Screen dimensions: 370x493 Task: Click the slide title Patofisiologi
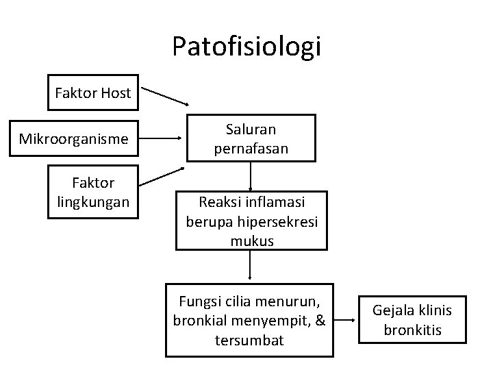click(x=246, y=47)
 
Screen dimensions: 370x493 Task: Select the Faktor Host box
click(x=92, y=92)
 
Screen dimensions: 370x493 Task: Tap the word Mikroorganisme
click(x=73, y=139)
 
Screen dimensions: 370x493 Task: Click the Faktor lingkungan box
click(x=92, y=192)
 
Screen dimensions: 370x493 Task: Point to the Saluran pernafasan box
click(x=250, y=138)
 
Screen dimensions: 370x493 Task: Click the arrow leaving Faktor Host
click(x=165, y=97)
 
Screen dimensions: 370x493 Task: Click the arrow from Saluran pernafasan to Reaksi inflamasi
click(x=251, y=175)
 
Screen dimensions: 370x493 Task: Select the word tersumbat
click(x=249, y=341)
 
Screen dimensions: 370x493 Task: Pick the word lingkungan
click(x=92, y=202)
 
